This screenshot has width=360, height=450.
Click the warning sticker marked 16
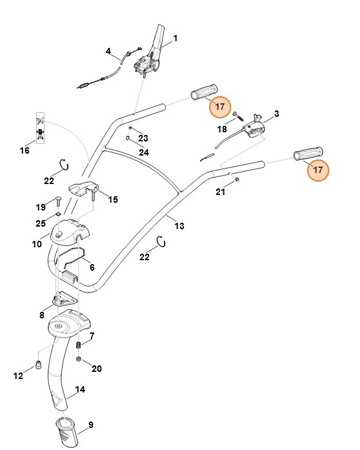pyautogui.click(x=40, y=130)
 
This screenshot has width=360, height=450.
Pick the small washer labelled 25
pyautogui.click(x=57, y=214)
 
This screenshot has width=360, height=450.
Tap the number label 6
pyautogui.click(x=92, y=267)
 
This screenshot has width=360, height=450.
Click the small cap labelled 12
pyautogui.click(x=37, y=365)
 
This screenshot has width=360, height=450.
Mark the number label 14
pyautogui.click(x=81, y=389)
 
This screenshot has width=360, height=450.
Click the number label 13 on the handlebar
pyautogui.click(x=179, y=225)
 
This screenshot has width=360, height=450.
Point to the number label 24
pyautogui.click(x=144, y=152)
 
